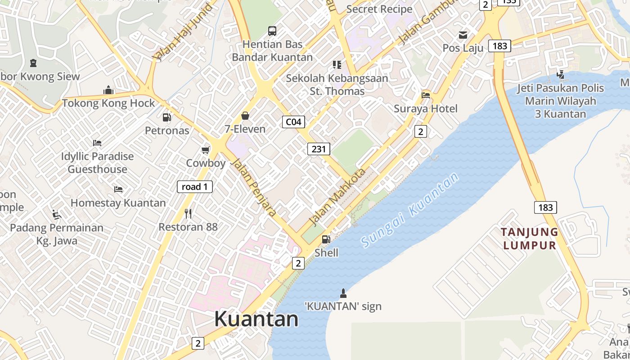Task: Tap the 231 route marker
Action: click(x=319, y=148)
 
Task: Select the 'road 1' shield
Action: click(x=194, y=187)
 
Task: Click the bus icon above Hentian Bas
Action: click(x=272, y=31)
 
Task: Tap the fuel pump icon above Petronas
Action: click(x=167, y=117)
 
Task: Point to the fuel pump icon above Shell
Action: click(x=326, y=239)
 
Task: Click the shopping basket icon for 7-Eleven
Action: click(x=245, y=116)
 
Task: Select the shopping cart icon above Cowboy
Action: click(x=206, y=150)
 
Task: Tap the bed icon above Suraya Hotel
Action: click(x=426, y=95)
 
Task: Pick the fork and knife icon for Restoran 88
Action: click(x=188, y=213)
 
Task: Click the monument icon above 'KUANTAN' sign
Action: click(x=343, y=293)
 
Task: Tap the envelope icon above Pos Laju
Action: click(x=463, y=35)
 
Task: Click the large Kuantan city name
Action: click(x=256, y=319)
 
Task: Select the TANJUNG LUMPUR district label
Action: click(x=530, y=239)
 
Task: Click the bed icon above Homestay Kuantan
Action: click(x=118, y=189)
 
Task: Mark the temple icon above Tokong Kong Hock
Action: click(x=108, y=90)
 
